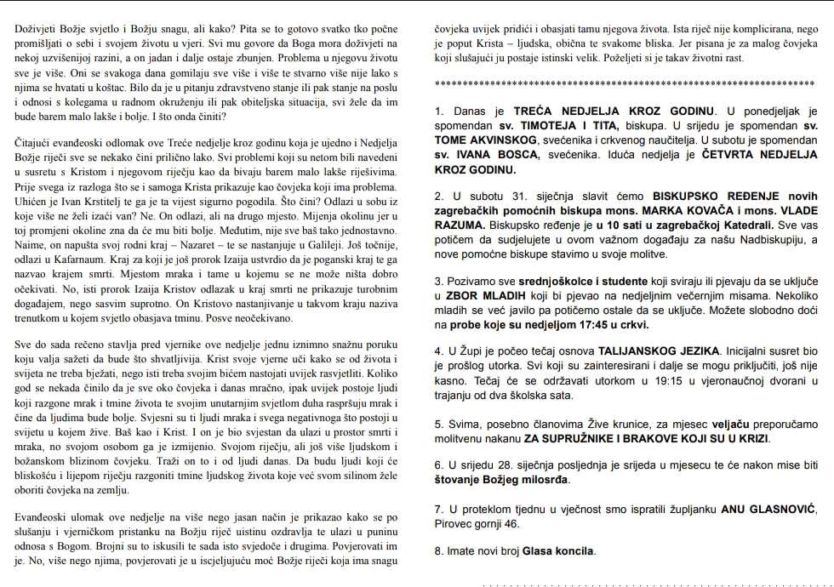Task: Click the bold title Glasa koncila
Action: [x=558, y=550]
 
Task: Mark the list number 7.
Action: [x=437, y=510]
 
